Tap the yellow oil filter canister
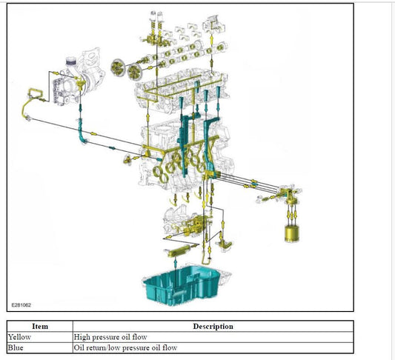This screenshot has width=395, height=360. [x=292, y=233]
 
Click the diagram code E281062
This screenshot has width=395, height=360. [x=21, y=305]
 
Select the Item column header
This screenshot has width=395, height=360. [x=40, y=326]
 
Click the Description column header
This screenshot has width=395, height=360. [x=213, y=326]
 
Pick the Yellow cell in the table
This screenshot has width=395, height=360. [x=19, y=337]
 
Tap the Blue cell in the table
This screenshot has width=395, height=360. [x=16, y=347]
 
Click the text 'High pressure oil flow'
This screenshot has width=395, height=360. [x=110, y=337]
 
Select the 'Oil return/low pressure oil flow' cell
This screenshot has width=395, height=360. [x=125, y=347]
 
